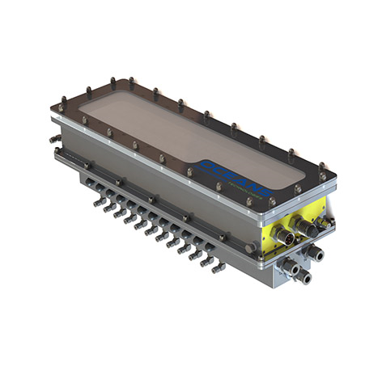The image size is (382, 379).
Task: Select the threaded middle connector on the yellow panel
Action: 306,225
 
